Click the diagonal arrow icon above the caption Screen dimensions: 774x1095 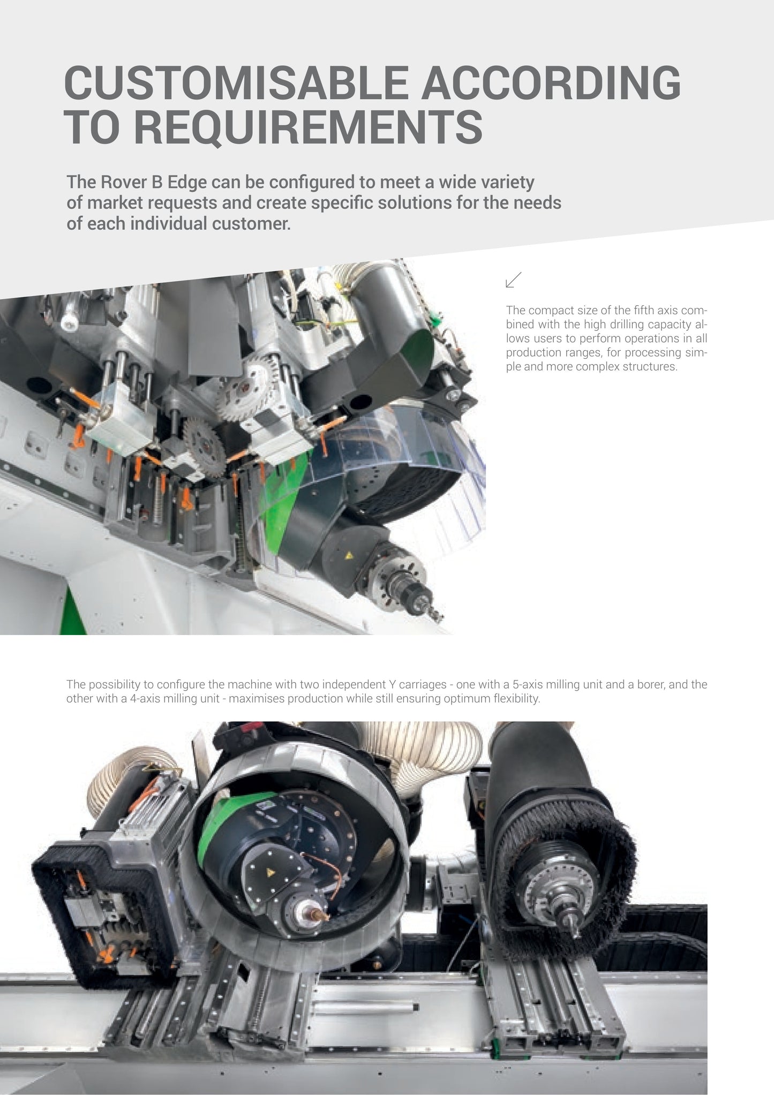click(x=514, y=280)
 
